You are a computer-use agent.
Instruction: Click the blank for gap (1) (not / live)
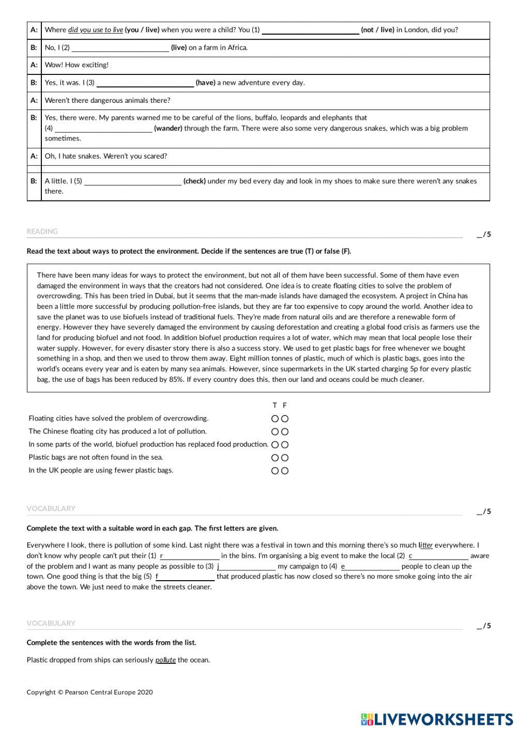point(310,30)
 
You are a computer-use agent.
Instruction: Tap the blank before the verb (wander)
point(103,129)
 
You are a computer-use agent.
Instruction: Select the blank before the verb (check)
point(133,181)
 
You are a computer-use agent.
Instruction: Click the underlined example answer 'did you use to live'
point(96,30)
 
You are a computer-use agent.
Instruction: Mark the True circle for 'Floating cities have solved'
point(275,419)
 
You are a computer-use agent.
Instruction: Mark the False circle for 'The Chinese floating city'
point(285,432)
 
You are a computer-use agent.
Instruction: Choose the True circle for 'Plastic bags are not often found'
point(275,458)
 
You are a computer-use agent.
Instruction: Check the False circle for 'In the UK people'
point(285,471)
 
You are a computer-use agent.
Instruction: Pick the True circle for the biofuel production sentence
point(275,445)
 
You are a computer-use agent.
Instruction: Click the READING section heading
point(42,231)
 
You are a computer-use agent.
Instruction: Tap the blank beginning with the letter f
point(185,577)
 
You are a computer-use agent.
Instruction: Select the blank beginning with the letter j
point(247,567)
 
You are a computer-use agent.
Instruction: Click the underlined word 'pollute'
point(165,660)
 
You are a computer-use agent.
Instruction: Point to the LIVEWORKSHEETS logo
point(437,719)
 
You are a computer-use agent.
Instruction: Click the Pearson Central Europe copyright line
point(89,692)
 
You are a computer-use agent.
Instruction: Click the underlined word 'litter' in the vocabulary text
point(425,546)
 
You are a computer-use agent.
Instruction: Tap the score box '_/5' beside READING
point(483,235)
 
